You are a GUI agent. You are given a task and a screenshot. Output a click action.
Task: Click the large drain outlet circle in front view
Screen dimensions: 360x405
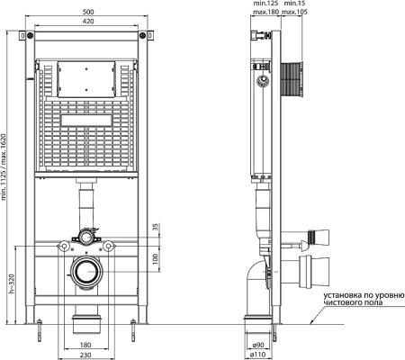point(87,273)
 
